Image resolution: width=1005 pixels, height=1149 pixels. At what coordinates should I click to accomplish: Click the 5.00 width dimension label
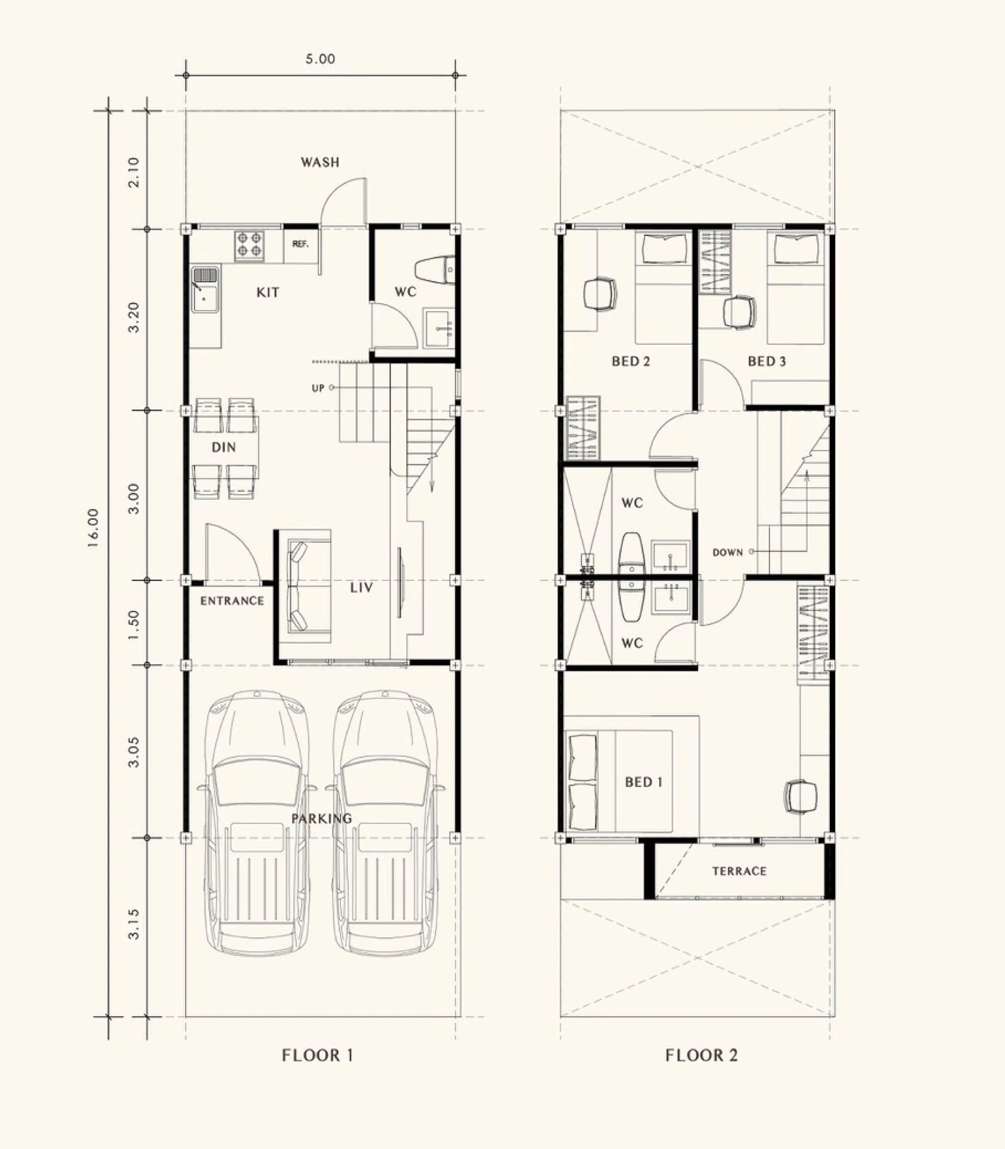[x=320, y=59]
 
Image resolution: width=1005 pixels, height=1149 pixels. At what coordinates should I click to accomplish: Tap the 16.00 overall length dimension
[x=93, y=527]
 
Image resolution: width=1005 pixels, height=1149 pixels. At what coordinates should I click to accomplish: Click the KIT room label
[x=267, y=292]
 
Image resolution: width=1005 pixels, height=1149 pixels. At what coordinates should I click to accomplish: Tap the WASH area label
[x=320, y=162]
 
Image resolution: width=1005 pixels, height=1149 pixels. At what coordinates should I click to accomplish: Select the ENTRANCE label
[x=232, y=601]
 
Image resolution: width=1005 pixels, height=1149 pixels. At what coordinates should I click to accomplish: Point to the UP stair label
[x=318, y=388]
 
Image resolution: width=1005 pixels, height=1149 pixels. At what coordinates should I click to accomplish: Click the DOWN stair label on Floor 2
[x=727, y=553]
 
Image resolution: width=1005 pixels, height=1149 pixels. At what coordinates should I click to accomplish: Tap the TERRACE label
[x=739, y=871]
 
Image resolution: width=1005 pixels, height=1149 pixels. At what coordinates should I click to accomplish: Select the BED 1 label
[x=644, y=782]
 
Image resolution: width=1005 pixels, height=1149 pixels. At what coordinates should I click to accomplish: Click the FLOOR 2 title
[x=702, y=1055]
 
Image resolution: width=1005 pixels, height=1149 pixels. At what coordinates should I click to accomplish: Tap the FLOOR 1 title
[x=318, y=1055]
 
